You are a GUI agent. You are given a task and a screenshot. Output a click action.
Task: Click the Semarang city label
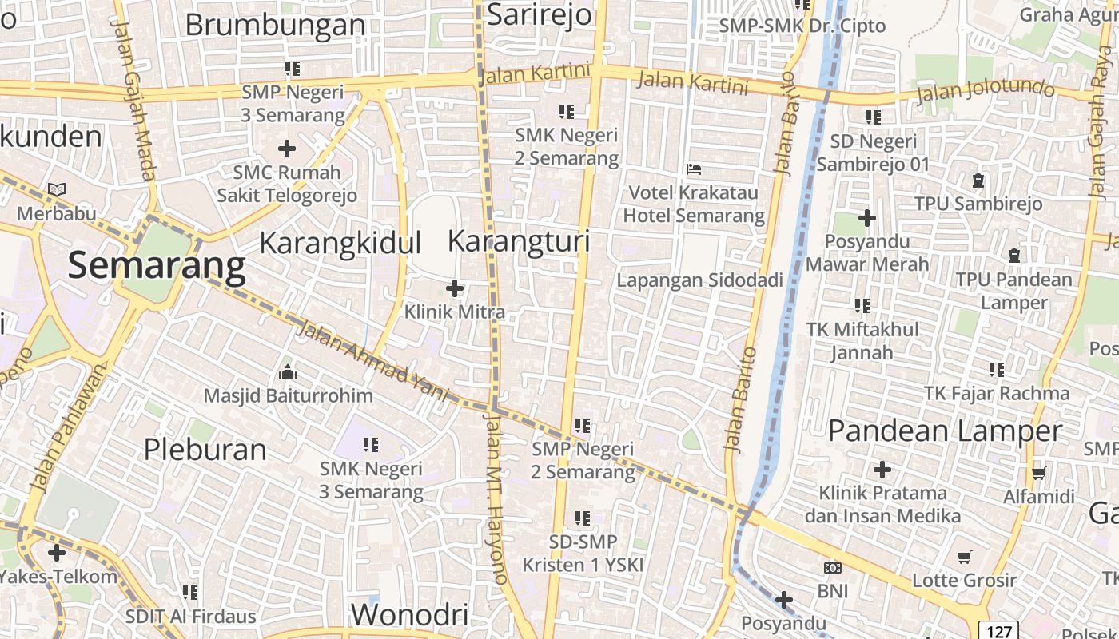point(157,265)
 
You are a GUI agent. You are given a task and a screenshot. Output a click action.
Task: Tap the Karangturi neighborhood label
point(519,241)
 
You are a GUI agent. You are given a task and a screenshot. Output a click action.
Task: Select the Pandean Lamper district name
point(945,431)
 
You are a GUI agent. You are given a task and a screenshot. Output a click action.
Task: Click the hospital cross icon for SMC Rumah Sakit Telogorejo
point(287,149)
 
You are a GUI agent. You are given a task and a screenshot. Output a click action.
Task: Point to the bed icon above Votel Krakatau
point(694,169)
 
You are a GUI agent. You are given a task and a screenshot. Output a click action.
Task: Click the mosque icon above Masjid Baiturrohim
point(288,373)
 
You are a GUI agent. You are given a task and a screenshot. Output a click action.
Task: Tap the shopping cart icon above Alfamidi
point(1039,474)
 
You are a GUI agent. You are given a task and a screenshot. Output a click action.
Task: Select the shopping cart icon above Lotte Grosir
point(965,557)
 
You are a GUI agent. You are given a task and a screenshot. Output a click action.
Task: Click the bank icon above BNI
point(832,568)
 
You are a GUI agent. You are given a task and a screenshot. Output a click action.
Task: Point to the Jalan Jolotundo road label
point(986,89)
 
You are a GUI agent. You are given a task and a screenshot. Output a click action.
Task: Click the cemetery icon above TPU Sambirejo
point(978,181)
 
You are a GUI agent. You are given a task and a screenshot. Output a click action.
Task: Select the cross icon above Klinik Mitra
point(455,288)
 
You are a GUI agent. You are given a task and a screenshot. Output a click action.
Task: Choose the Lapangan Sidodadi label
point(699,280)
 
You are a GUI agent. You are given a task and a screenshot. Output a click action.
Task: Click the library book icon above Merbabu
point(57,190)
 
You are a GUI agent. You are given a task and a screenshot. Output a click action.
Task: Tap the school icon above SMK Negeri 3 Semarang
point(371,445)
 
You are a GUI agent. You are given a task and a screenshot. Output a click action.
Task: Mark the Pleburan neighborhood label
point(205,450)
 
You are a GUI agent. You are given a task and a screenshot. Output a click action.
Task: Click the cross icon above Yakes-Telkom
point(57,553)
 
